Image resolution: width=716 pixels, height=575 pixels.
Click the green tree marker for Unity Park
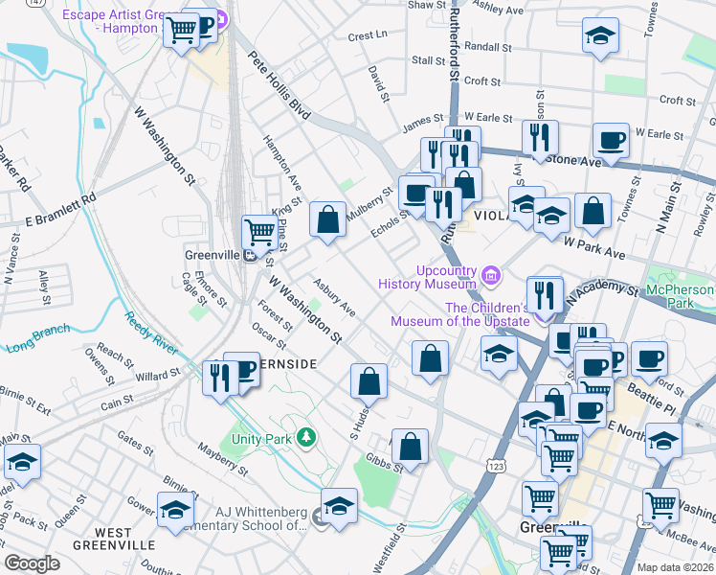pos(305,438)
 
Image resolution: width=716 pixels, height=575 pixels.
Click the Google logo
pos(32,563)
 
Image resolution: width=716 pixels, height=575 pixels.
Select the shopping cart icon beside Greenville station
pos(259,232)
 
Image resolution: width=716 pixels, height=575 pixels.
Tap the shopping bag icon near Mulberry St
pos(327,219)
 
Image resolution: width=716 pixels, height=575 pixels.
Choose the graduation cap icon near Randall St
pos(600,36)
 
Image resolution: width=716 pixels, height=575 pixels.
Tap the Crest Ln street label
pos(368,35)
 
